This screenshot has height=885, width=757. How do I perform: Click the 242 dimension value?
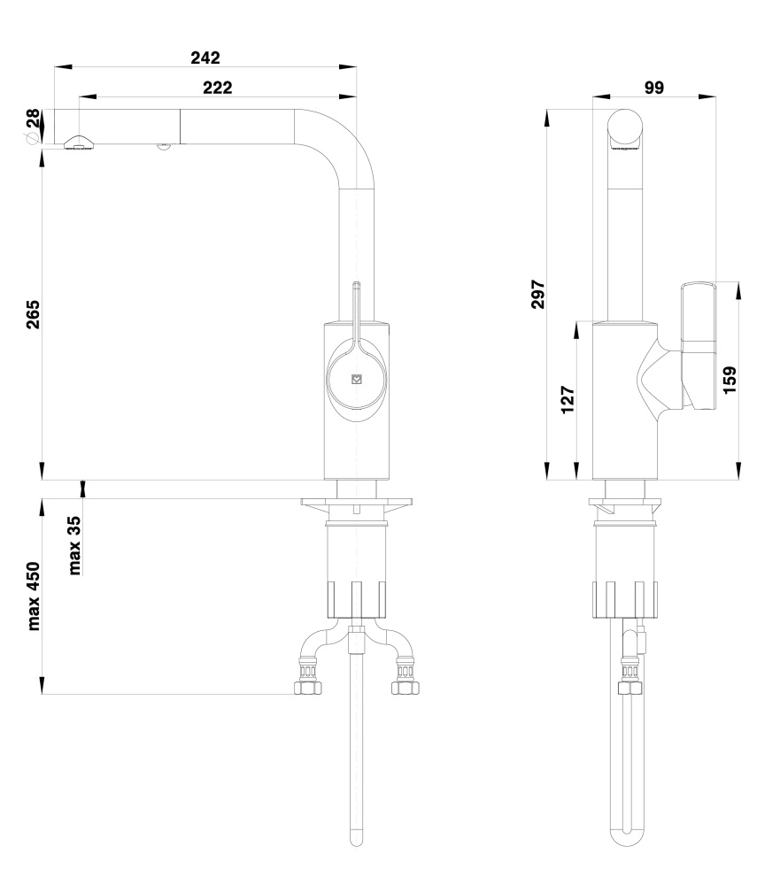[205, 58]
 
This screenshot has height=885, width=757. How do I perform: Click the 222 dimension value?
[217, 88]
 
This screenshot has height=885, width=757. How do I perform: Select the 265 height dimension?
[34, 314]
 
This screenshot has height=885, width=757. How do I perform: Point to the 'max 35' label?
[74, 545]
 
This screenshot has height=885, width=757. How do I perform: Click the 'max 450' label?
[34, 596]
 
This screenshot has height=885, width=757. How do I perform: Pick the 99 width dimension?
[653, 88]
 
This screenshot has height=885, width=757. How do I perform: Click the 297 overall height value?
[538, 294]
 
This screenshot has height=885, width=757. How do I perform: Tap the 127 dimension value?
[568, 400]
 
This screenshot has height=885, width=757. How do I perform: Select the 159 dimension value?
[730, 380]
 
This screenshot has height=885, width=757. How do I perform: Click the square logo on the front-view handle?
[357, 380]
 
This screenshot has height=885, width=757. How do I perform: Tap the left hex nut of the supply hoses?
[308, 688]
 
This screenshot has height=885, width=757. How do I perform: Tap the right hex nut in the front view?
[406, 688]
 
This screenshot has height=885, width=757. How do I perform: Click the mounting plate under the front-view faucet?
[357, 503]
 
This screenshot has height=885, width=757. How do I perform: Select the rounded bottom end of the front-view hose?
[356, 839]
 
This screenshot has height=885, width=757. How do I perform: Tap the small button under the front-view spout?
[164, 147]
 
